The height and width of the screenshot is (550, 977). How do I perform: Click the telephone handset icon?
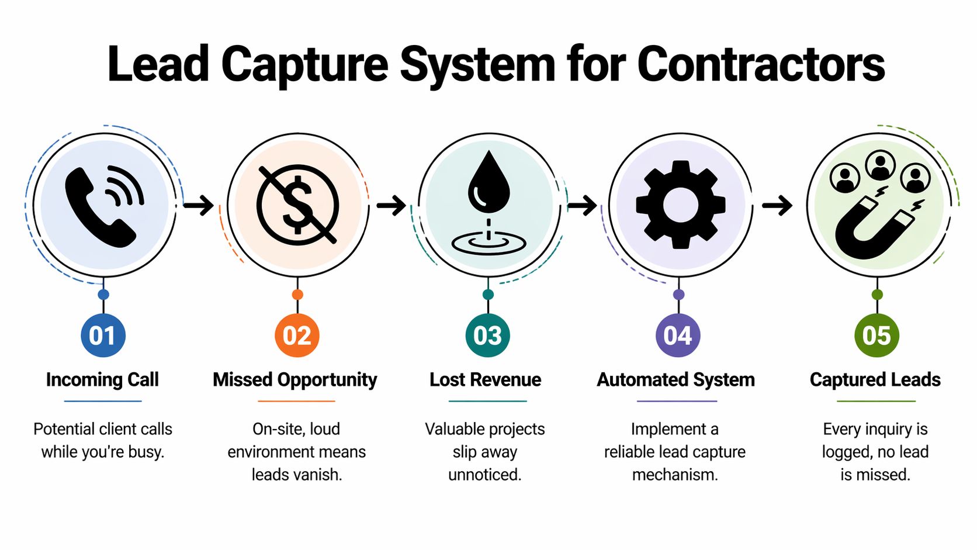point(99,207)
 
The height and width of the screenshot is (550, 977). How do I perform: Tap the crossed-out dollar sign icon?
point(297,204)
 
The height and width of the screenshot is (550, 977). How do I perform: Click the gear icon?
point(680,205)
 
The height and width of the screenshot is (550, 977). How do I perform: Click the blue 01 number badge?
point(103,335)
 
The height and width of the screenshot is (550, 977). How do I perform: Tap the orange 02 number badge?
point(297,335)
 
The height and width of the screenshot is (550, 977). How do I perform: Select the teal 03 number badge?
point(488,335)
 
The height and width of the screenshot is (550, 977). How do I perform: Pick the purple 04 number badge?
point(678,335)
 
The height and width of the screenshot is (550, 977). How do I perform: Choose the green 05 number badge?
point(876,335)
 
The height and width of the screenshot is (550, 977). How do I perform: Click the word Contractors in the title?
point(761,64)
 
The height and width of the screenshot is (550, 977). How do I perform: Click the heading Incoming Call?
point(102,380)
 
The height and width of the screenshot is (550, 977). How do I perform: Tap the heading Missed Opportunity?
point(295,380)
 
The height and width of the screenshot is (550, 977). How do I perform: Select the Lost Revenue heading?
point(486,380)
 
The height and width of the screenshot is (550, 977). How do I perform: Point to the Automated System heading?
point(676,380)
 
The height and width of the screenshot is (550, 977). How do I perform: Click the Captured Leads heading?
point(875,380)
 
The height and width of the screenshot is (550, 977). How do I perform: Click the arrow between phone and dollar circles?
point(199,205)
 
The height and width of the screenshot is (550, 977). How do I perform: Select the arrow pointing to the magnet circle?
point(777,205)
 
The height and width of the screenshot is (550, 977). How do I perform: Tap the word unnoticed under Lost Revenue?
point(484,475)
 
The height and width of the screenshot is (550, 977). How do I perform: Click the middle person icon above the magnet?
point(880,165)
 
